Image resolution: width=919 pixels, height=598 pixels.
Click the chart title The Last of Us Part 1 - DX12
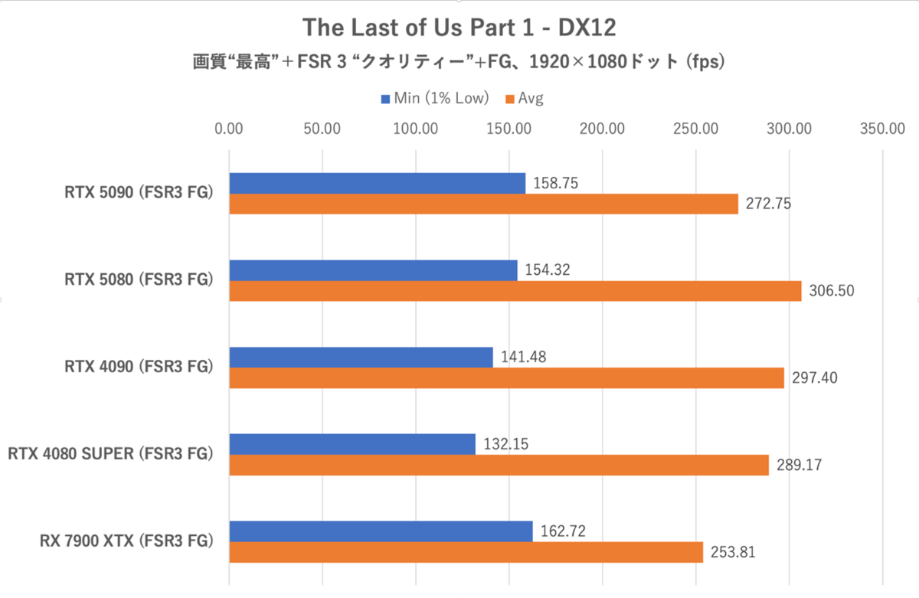point(459,28)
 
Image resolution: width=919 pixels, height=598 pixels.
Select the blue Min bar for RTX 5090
point(377,184)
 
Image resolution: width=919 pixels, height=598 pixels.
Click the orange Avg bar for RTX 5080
point(515,291)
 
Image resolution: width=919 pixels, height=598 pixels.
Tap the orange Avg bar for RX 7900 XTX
point(466,552)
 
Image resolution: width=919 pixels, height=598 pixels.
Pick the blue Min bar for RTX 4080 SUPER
point(352,444)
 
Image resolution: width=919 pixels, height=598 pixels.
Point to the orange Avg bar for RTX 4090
point(506,377)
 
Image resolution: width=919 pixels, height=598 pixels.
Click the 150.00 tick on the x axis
point(509,129)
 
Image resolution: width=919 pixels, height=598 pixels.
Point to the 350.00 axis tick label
point(882,129)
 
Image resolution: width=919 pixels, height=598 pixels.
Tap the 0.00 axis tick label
point(228,129)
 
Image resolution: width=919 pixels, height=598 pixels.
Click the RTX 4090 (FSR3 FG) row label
point(138,367)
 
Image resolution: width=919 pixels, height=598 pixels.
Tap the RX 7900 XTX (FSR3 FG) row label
point(126,541)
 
